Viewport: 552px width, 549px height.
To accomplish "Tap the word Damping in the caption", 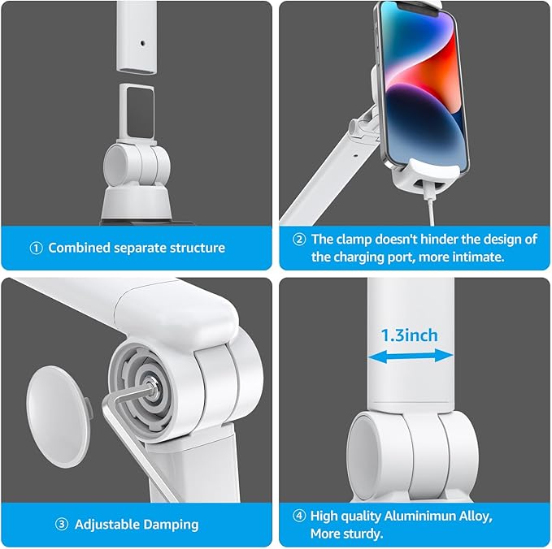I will [171, 525].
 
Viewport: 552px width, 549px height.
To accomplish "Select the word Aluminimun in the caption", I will [426, 515].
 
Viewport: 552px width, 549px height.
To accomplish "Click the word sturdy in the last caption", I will [362, 534].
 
